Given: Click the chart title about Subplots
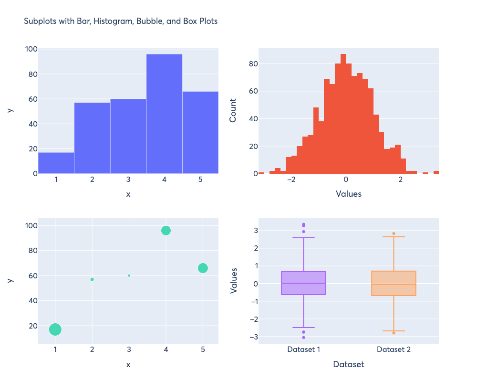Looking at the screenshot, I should tap(121, 21).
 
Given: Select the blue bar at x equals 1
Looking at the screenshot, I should tap(56, 163).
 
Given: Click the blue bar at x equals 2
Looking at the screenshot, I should tap(92, 138).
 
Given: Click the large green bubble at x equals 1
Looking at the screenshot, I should tap(55, 329).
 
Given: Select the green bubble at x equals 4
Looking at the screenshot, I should tap(166, 231).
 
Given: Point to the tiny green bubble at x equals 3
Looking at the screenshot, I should tap(129, 276).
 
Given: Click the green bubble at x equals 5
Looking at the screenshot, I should tap(203, 268).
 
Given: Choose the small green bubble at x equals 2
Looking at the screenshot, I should tap(92, 279).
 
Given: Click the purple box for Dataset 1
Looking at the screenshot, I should tap(303, 283).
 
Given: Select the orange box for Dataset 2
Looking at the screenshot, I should tap(394, 284).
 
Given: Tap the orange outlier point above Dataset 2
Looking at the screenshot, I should tap(394, 233).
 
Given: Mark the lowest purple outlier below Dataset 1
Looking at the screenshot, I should tap(303, 338).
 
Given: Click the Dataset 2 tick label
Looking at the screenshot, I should tap(394, 350).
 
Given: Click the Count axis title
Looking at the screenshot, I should tap(233, 110).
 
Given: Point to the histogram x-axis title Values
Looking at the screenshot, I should tap(349, 194).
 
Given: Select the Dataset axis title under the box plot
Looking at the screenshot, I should tap(349, 364).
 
